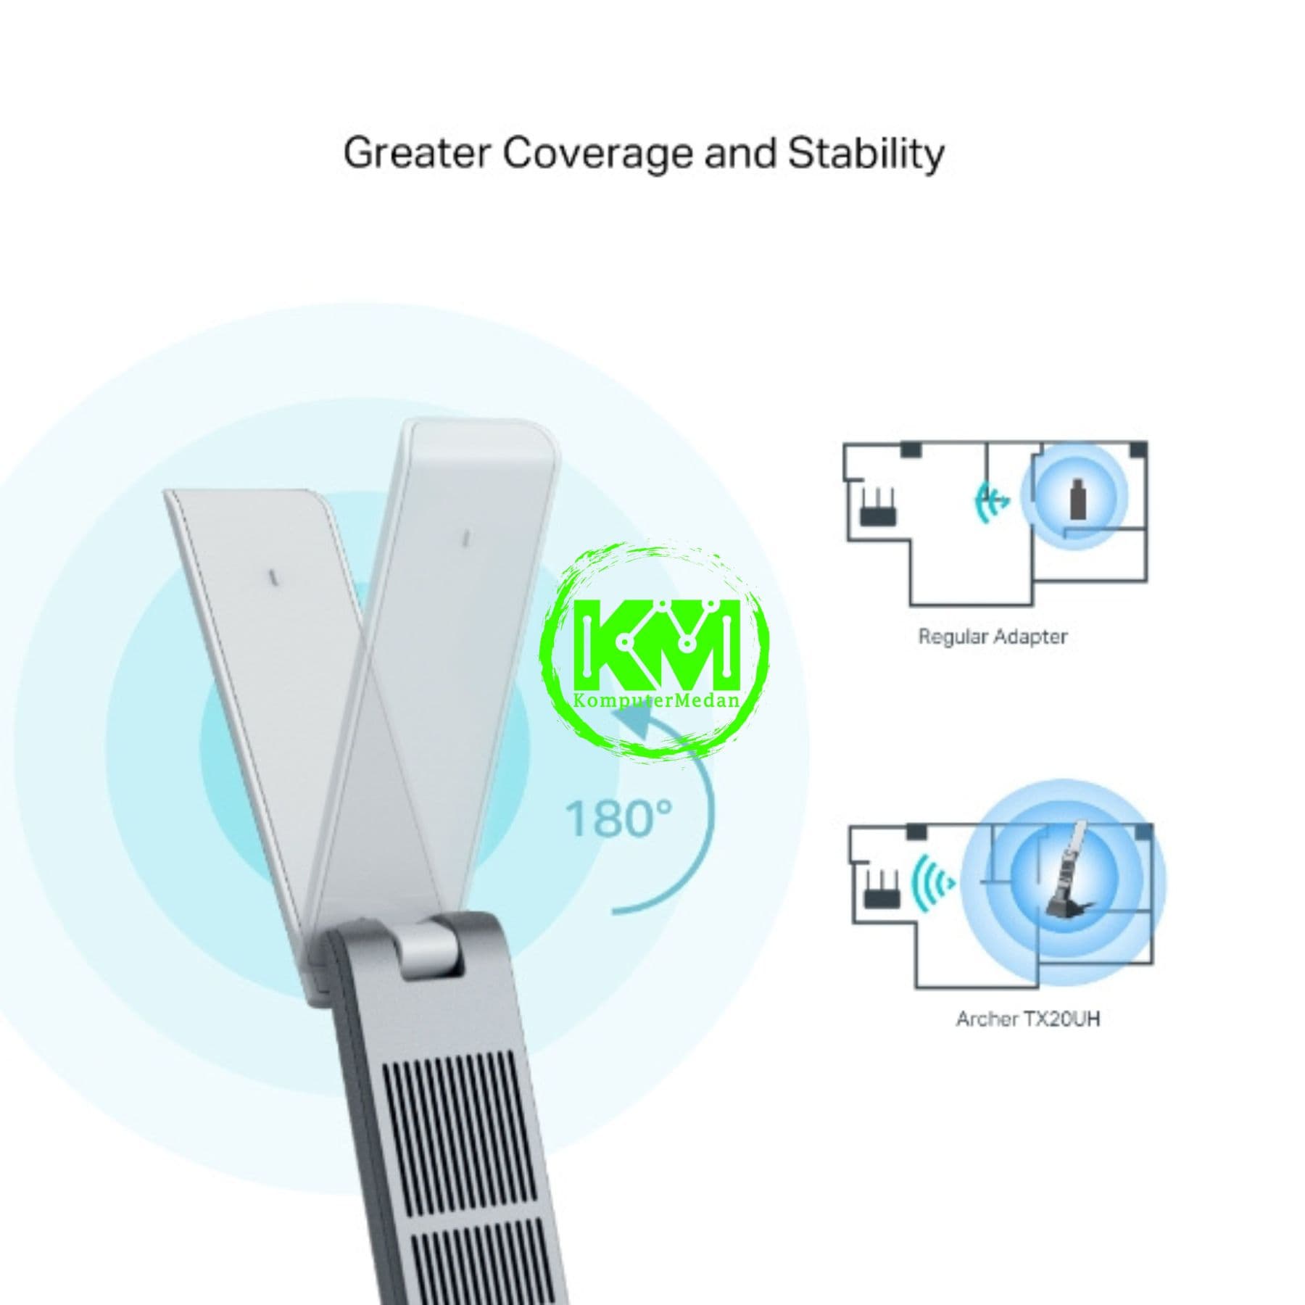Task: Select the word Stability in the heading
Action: click(866, 154)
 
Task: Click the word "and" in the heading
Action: click(740, 153)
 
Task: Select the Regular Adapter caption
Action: click(993, 637)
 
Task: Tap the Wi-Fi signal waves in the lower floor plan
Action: click(933, 882)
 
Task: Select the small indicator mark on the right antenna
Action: click(466, 537)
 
